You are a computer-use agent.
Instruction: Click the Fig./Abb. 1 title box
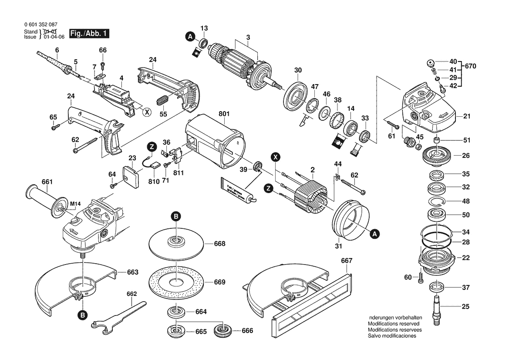[x=90, y=34]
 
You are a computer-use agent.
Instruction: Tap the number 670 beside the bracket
[x=471, y=67]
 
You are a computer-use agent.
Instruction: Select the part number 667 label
[x=347, y=261]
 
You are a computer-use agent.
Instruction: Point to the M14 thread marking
[x=76, y=203]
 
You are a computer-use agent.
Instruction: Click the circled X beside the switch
[x=147, y=112]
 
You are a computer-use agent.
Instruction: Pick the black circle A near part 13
[x=190, y=37]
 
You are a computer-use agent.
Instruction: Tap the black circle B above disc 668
[x=175, y=216]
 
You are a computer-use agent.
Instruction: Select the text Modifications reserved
[x=393, y=324]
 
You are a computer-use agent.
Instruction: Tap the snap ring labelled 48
[x=435, y=201]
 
